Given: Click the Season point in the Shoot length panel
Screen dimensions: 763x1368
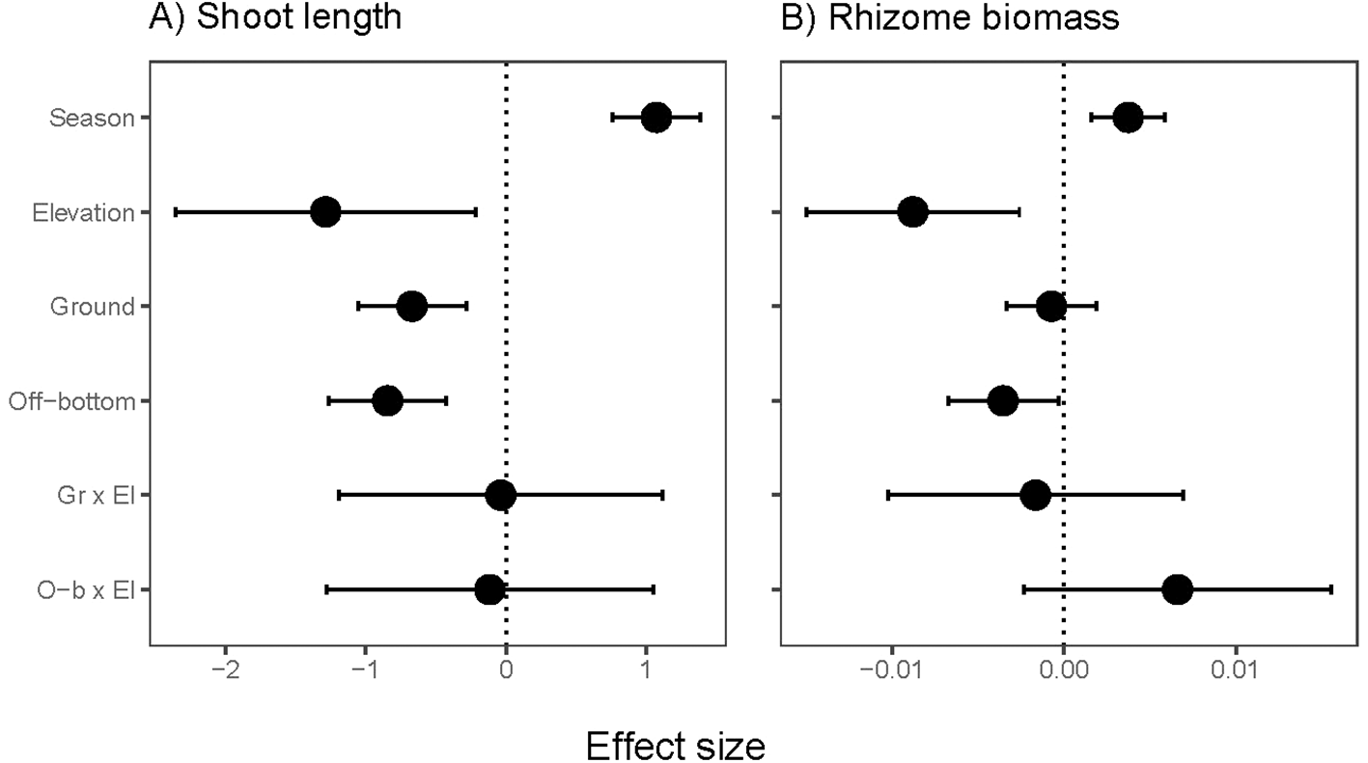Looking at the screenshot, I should (656, 118).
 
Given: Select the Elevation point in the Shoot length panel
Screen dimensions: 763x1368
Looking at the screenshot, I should (325, 212).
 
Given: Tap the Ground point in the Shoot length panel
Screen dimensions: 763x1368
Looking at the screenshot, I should (411, 307).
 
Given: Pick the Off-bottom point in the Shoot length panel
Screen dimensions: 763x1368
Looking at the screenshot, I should (387, 400).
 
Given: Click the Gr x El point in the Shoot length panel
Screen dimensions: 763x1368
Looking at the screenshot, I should (500, 495).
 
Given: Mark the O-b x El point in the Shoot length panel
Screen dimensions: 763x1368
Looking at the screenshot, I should (490, 589).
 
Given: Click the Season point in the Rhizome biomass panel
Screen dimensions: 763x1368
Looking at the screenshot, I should (1128, 118).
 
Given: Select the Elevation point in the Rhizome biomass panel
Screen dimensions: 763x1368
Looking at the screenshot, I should (912, 212).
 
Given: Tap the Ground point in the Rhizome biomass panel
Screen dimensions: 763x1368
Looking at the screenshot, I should (1051, 307).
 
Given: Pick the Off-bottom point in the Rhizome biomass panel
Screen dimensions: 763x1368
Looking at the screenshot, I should (1003, 400).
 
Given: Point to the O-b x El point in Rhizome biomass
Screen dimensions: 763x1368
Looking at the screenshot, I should (1177, 589).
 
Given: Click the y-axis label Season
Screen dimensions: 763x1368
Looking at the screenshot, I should (92, 118).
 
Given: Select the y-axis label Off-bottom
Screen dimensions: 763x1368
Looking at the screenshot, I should (71, 400).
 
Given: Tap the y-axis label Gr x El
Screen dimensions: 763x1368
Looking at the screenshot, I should (97, 495).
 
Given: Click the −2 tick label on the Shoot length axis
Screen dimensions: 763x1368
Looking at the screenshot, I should (226, 668).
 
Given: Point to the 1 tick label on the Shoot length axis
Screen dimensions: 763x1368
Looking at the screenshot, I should (646, 668).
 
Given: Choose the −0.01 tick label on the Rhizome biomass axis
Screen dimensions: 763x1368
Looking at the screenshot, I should (889, 668).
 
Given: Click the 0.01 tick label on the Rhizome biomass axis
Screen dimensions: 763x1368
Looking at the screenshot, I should (1235, 668).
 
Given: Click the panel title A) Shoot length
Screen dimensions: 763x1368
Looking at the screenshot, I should (274, 19).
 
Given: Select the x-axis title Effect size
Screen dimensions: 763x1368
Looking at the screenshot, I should (676, 745).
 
